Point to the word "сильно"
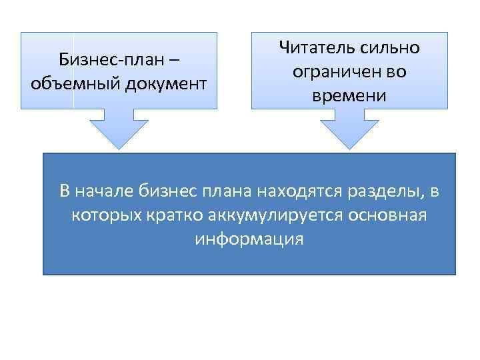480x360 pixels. [393, 48]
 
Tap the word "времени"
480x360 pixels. [349, 95]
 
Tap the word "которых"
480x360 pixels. [101, 215]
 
